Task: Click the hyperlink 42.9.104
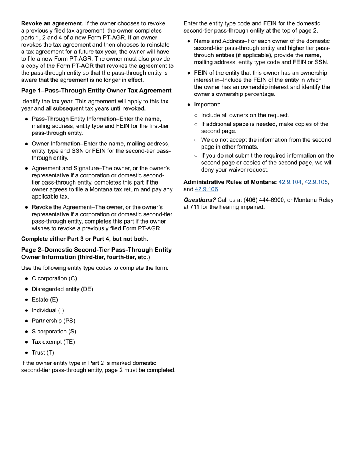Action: point(290,182)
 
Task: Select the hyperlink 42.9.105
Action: point(316,182)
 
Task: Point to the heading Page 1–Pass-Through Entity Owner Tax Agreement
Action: point(96,91)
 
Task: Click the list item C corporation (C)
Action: point(54,278)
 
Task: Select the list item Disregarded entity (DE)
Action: point(62,289)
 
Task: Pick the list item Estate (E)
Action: point(45,300)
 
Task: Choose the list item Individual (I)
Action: point(48,310)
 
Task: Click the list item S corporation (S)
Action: point(54,332)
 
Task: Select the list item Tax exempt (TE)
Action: point(53,342)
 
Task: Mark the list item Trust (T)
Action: point(43,353)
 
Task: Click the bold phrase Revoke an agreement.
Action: point(52,23)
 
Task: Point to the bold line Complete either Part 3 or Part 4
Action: point(85,239)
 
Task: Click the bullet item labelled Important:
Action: point(207,105)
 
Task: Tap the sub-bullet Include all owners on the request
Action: point(245,115)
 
